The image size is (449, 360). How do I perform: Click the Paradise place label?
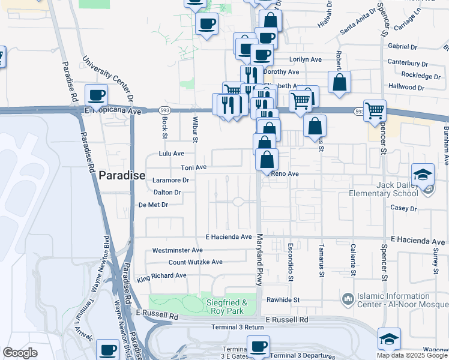click(122, 175)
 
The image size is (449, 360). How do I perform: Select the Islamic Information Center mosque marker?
click(348, 298)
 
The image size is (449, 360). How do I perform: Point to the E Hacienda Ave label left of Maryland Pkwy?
click(228, 237)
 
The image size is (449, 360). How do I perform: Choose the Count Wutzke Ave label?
click(195, 262)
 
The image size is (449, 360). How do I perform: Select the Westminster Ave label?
click(178, 250)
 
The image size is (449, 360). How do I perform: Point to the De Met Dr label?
click(152, 205)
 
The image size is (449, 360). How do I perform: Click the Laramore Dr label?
click(171, 179)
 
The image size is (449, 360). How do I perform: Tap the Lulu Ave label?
click(170, 154)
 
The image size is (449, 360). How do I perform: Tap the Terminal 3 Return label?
click(238, 328)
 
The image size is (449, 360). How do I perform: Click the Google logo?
click(20, 353)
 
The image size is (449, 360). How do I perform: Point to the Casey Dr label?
click(403, 208)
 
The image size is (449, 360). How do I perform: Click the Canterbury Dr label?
click(407, 63)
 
